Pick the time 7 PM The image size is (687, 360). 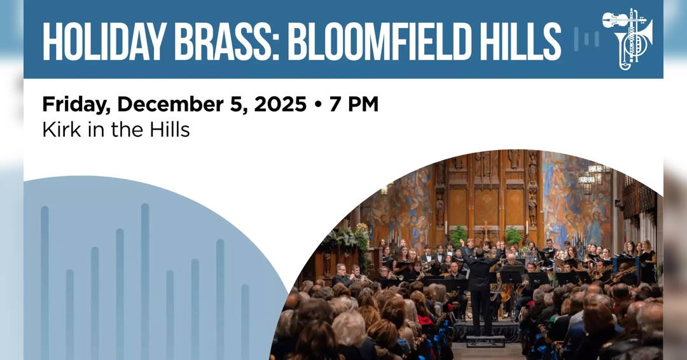click(354, 104)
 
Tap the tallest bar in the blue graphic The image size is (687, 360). click(145, 280)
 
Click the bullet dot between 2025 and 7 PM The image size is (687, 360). click(318, 105)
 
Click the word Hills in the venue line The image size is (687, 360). click(166, 130)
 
